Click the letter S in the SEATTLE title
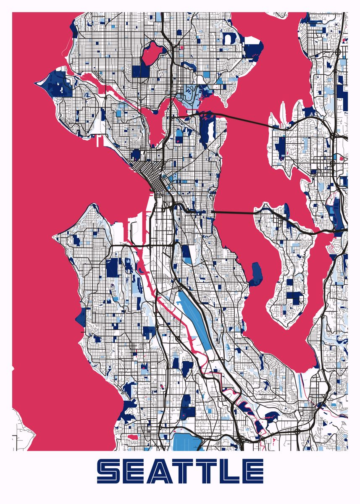(x=108, y=471)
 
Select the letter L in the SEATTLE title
(x=231, y=471)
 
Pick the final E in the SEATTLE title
(x=253, y=471)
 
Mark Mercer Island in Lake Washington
(x=294, y=269)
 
